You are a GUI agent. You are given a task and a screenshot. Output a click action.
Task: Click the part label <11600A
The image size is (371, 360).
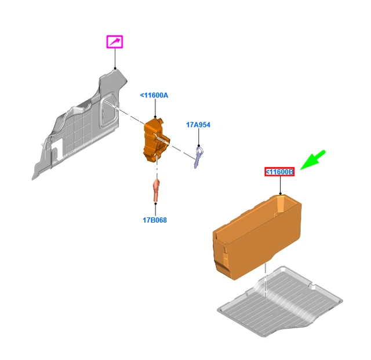[x=154, y=96]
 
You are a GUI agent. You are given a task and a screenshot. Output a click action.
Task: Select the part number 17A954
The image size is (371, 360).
[x=198, y=125]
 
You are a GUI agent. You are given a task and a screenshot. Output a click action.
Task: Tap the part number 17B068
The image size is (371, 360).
[x=155, y=220]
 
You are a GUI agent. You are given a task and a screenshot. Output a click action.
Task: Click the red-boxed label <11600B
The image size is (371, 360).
[x=279, y=172]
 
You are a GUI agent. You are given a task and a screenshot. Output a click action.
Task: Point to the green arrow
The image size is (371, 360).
[x=313, y=160]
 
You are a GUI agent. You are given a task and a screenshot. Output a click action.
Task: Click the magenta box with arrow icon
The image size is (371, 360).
[x=115, y=42]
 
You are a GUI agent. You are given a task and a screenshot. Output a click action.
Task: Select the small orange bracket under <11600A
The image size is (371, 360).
[x=156, y=141]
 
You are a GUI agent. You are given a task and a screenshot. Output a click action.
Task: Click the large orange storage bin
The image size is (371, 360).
[x=257, y=237]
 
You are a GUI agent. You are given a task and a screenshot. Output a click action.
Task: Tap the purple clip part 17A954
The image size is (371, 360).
[x=198, y=157]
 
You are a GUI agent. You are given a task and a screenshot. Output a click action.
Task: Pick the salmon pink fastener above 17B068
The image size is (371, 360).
[x=156, y=190]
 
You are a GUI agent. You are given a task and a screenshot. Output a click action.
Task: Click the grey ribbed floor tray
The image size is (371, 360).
[x=281, y=302]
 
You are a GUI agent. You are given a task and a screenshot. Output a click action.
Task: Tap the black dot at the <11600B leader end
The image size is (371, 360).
[x=280, y=194]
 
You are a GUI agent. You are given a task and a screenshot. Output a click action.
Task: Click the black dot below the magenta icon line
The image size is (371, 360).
[x=115, y=68]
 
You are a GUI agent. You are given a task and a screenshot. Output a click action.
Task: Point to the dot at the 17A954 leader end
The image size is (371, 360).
[x=199, y=146]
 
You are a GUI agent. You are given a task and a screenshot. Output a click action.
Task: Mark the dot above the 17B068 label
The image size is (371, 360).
[x=155, y=203]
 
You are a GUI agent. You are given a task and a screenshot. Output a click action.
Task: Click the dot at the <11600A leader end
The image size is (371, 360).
[x=155, y=117]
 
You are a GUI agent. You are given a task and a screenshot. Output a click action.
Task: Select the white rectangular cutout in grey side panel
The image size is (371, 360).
[x=57, y=148]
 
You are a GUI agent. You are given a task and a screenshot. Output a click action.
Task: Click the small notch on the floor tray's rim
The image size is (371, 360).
[x=312, y=286]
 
